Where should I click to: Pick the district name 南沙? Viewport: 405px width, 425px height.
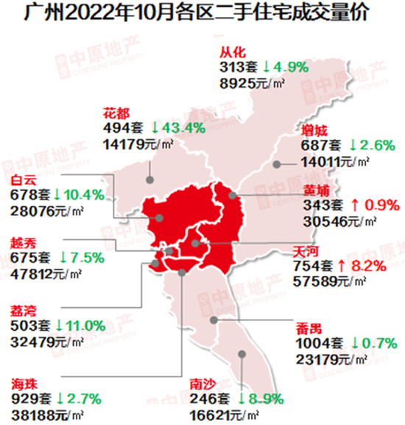[202, 384]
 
